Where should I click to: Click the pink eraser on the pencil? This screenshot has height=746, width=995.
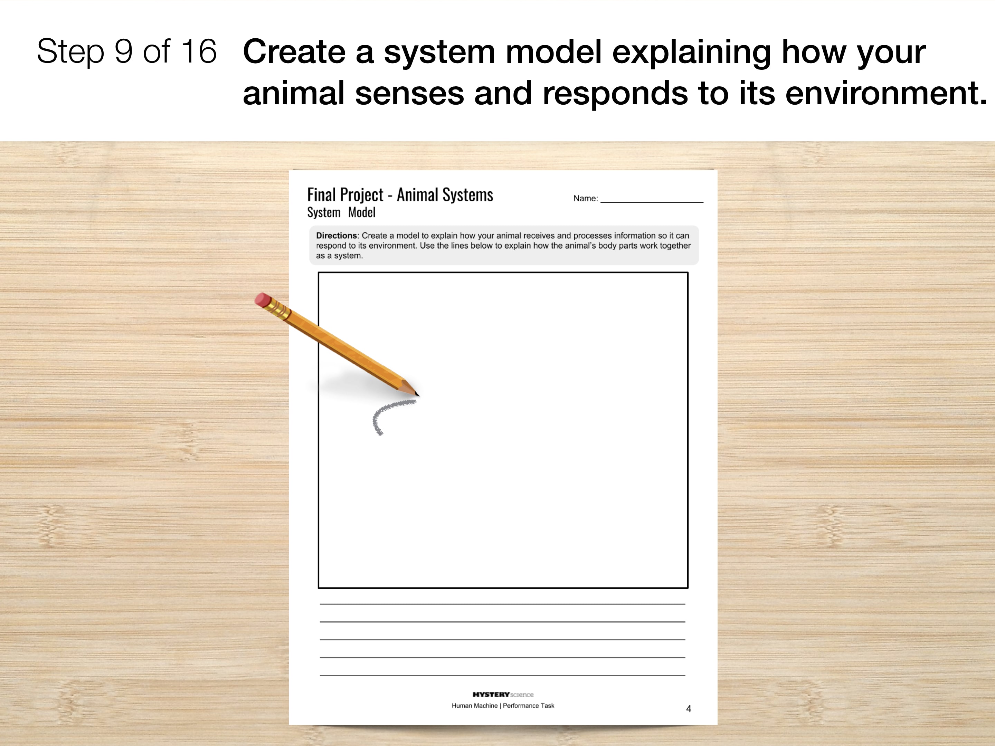[263, 299]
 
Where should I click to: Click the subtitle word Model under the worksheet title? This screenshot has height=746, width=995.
[362, 212]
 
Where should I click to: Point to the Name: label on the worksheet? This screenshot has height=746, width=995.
[586, 198]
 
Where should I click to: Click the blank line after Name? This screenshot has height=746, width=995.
[652, 202]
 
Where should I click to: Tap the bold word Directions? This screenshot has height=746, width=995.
[337, 236]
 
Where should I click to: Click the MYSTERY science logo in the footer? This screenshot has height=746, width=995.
[503, 694]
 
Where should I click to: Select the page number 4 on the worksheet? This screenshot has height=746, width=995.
[688, 709]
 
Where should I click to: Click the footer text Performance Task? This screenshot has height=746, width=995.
[529, 706]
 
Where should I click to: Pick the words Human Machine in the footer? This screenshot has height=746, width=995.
[475, 706]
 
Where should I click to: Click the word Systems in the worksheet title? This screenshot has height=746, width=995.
[468, 195]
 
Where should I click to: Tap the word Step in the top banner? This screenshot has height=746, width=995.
[70, 52]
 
